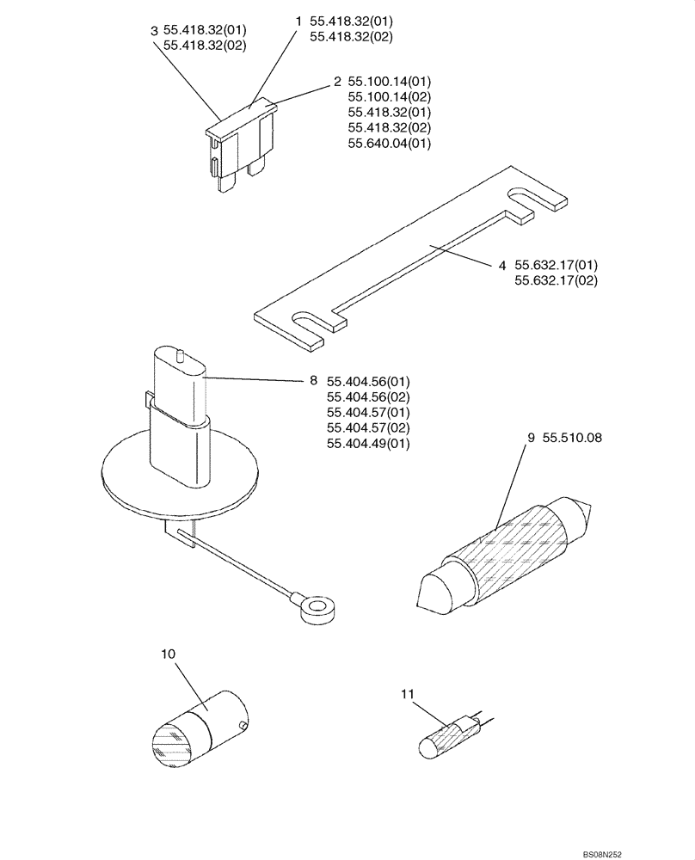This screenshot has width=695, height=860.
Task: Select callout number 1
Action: tap(298, 20)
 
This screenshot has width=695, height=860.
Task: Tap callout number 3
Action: tap(153, 31)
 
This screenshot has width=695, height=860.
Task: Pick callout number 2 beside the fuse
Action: tap(338, 82)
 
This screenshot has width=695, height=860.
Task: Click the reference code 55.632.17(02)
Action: tap(556, 280)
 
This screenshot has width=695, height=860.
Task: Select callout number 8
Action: tap(313, 380)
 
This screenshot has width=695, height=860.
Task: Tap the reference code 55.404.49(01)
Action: tap(368, 444)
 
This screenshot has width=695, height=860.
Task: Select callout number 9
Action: tap(532, 437)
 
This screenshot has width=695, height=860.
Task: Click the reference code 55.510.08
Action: tap(572, 437)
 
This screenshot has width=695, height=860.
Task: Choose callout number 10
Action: tap(168, 654)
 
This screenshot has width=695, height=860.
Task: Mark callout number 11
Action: tap(409, 692)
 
